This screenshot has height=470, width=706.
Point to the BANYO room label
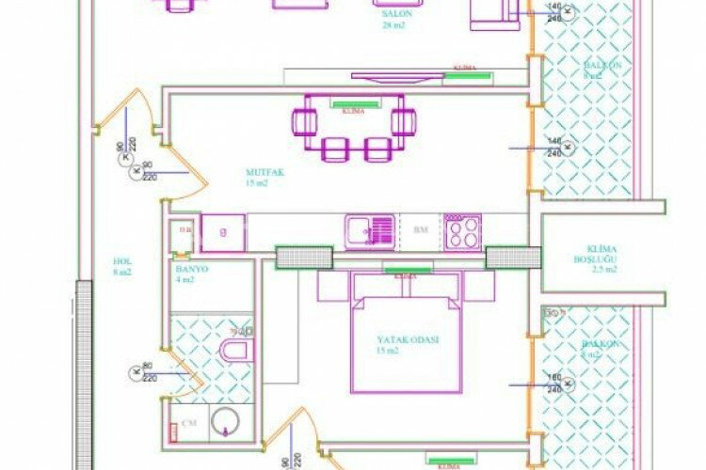tap(191, 269)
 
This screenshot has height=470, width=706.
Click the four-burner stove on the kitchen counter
tap(463, 230)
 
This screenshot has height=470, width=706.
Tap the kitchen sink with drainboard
tap(369, 230)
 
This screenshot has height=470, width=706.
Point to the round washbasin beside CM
tap(226, 421)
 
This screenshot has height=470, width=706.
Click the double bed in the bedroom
tap(407, 342)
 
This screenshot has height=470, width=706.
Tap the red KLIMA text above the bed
tap(406, 277)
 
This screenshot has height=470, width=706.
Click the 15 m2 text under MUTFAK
tap(257, 184)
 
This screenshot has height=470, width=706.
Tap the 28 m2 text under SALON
tap(393, 26)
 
